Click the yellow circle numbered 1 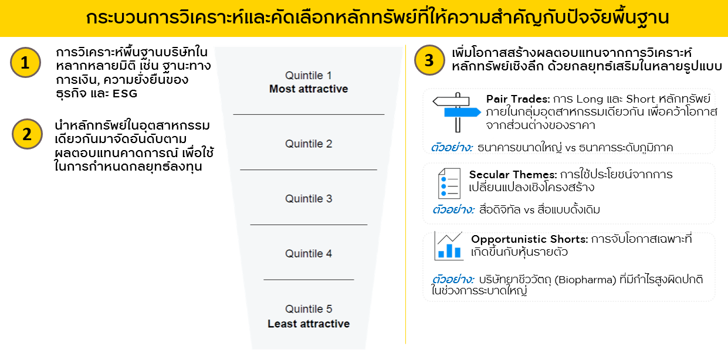click(25, 62)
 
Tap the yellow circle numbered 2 click(27, 134)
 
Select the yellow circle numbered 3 click(429, 60)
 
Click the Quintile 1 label click(309, 76)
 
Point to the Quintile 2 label click(309, 144)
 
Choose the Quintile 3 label click(309, 199)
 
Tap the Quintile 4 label click(309, 253)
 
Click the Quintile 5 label click(309, 308)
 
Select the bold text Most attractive click(309, 89)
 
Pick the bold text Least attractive click(309, 324)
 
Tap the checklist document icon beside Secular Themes click(449, 184)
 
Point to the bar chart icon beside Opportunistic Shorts click(449, 246)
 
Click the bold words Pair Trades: click(518, 99)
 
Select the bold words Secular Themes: click(513, 175)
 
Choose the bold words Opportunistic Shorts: click(529, 239)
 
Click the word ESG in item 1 click(125, 94)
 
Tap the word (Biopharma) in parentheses click(585, 280)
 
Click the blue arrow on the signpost click(462, 112)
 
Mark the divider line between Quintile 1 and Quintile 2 click(309, 114)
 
